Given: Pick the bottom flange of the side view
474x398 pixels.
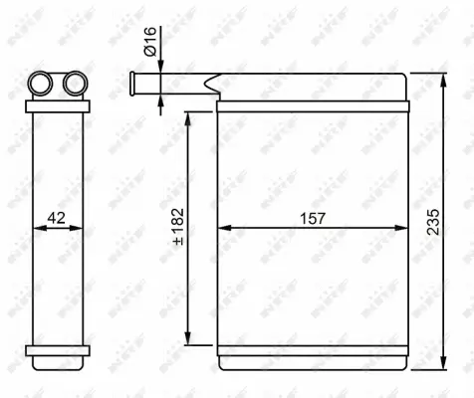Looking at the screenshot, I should tap(58, 350).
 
